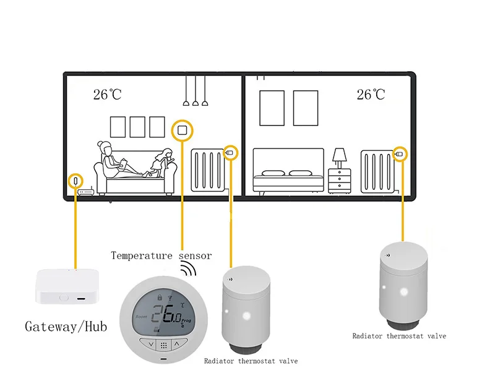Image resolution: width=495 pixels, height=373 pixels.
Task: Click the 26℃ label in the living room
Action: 107,95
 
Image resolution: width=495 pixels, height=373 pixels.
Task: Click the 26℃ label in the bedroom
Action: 371,95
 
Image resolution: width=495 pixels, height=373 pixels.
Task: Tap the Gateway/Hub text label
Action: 66,325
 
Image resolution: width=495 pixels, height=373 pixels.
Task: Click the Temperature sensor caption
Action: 161,255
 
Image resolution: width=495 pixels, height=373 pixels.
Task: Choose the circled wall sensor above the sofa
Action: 183,130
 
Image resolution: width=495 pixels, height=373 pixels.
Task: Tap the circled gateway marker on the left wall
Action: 75,181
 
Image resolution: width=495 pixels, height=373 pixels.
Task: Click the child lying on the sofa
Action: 159,164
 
